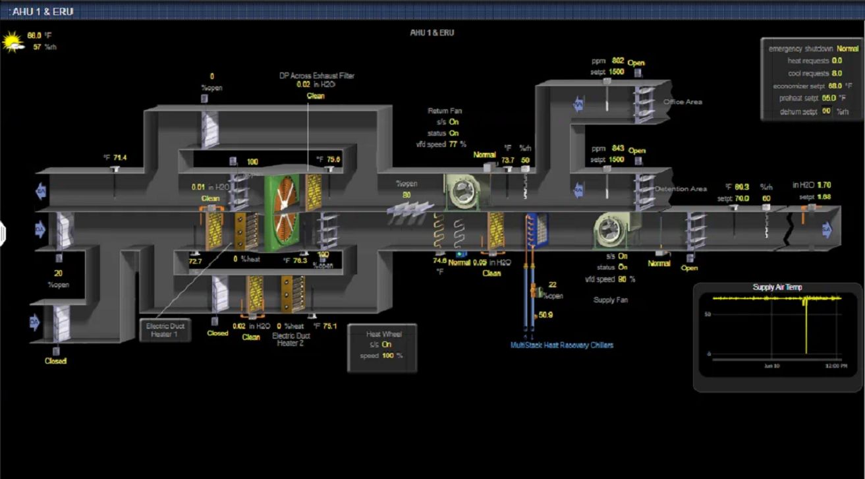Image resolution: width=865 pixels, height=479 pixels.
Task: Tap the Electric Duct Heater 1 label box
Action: (165, 330)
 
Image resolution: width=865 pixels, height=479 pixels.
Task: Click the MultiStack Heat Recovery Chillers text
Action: (562, 345)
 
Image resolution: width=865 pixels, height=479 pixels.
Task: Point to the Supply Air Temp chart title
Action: (777, 287)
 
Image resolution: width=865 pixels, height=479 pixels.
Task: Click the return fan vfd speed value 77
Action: (453, 144)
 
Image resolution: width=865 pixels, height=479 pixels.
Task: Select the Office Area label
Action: (683, 102)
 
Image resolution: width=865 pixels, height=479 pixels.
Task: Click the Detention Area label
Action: (681, 189)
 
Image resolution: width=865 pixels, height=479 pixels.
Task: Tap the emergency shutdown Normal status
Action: (847, 49)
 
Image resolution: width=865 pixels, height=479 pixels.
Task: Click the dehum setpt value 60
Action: (826, 111)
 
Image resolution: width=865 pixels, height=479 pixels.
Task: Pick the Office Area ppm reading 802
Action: (617, 60)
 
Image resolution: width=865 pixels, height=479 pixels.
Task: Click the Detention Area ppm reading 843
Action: (617, 148)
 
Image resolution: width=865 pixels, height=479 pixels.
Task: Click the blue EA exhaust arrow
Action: (41, 192)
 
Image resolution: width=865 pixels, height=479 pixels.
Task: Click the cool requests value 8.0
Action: (837, 73)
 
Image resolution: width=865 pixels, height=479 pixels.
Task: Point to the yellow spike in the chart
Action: (806, 329)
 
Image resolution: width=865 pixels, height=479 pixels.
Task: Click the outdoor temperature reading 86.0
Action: (34, 36)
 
